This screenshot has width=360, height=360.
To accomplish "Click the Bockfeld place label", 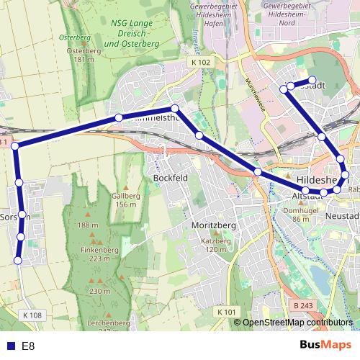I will tap(171, 177).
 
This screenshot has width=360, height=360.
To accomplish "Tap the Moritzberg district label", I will tap(211, 225).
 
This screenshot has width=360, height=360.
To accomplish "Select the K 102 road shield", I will tap(202, 63).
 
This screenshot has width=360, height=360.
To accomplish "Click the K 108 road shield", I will tap(32, 315).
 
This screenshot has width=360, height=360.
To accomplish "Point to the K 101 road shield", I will tap(227, 312).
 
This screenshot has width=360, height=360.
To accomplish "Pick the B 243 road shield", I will tap(304, 306).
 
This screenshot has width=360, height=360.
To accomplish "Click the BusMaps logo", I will tap(326, 345).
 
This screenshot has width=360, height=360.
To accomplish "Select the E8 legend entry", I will tap(22, 346).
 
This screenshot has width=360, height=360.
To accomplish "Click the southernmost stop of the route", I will tap(19, 261).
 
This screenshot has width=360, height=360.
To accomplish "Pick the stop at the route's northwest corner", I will tap(14, 147).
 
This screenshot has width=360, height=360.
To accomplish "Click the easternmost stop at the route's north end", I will tap(312, 81).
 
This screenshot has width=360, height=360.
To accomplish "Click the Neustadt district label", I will tap(342, 216).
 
